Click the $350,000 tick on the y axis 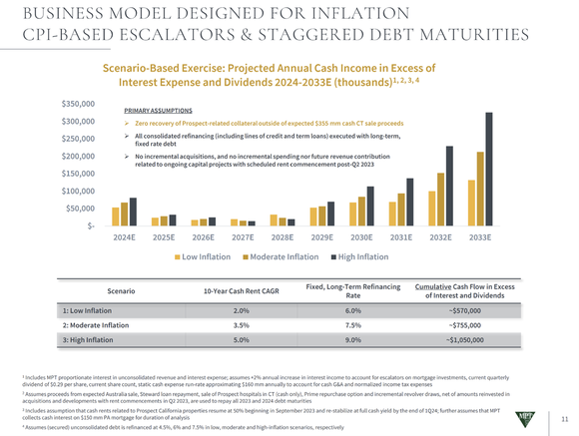pyautogui.click(x=77, y=103)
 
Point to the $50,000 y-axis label pyautogui.click(x=80, y=209)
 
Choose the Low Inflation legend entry pyautogui.click(x=206, y=257)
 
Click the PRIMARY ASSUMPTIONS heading pyautogui.click(x=158, y=112)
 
